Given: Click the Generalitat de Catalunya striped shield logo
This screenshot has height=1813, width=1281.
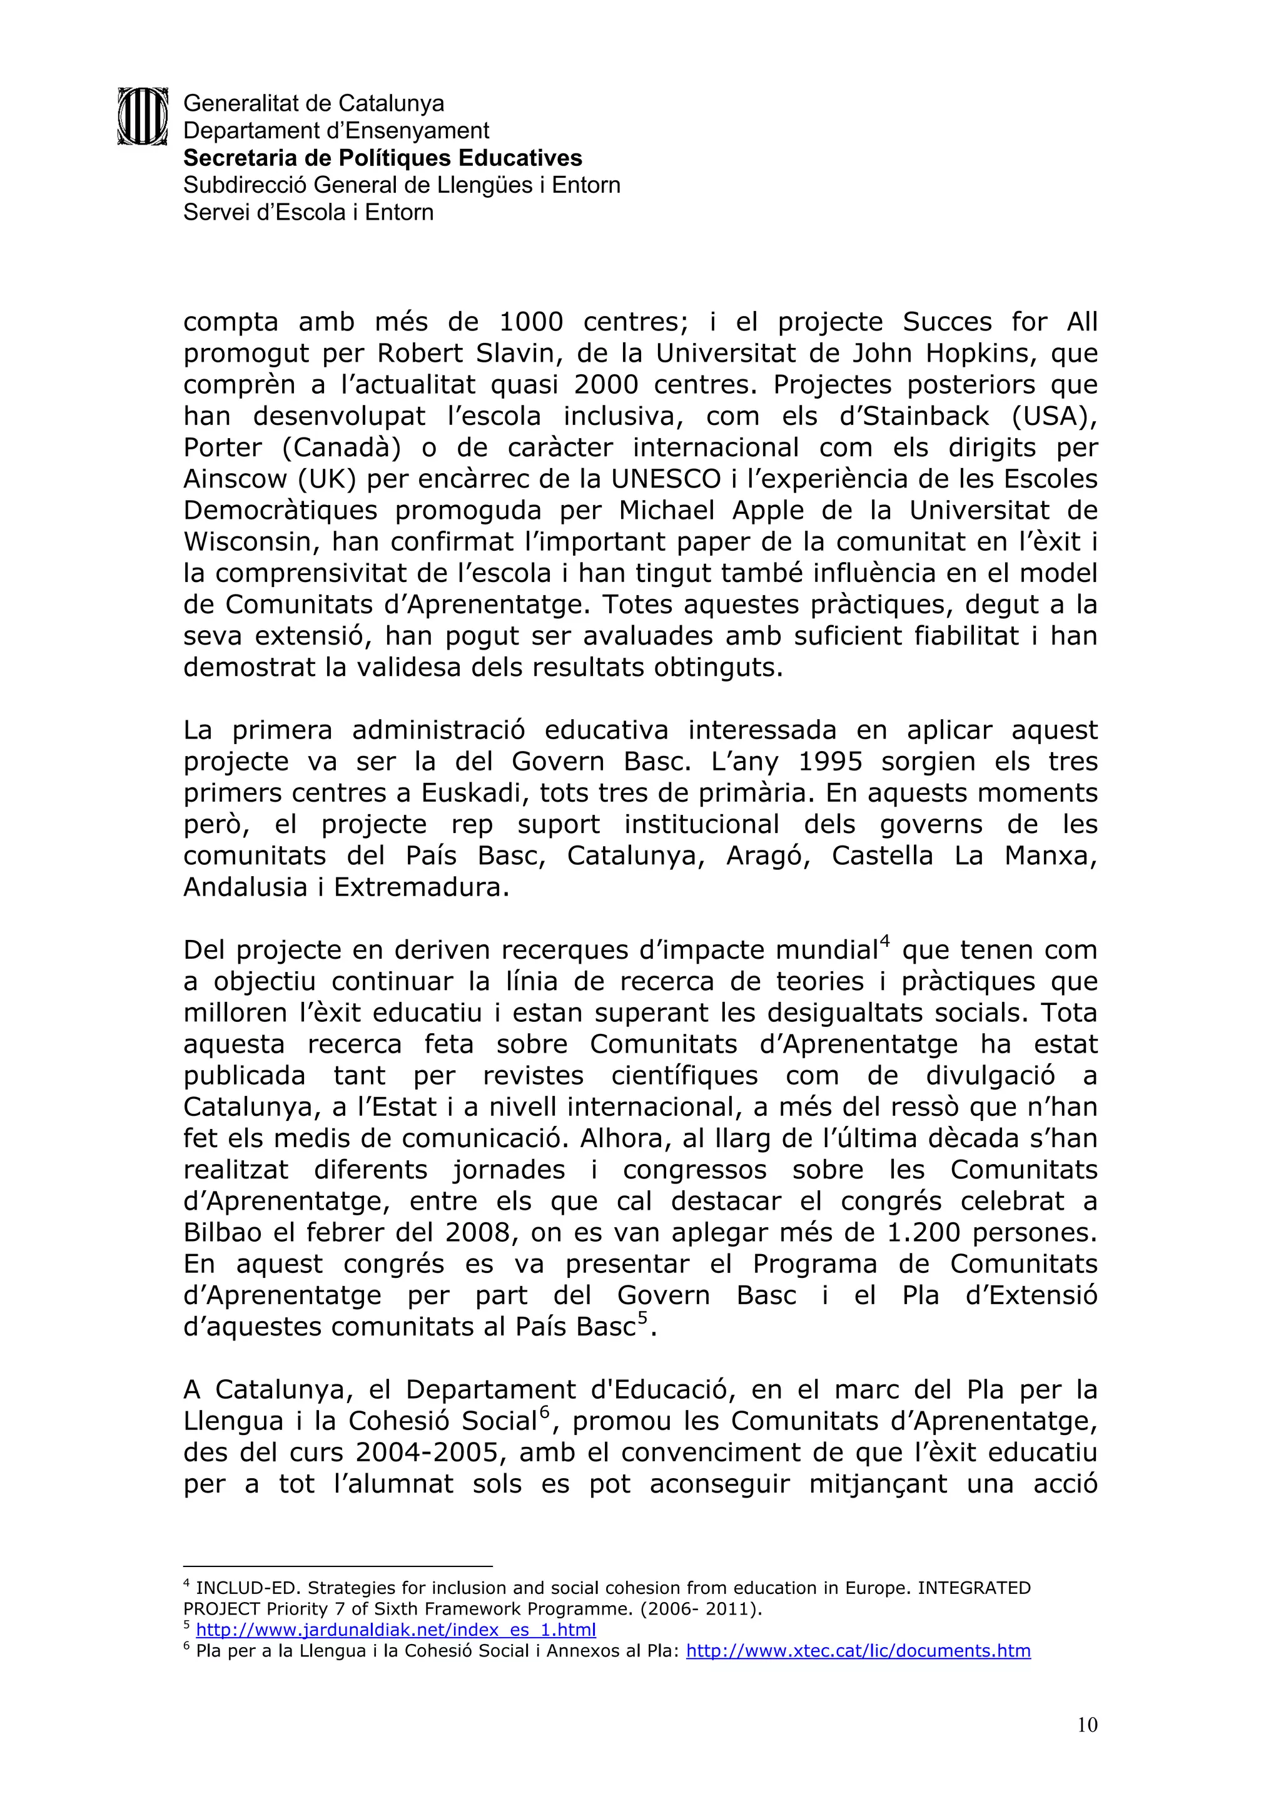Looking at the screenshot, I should click(x=143, y=116).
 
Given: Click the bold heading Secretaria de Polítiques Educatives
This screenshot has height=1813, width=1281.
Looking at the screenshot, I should click(x=382, y=158).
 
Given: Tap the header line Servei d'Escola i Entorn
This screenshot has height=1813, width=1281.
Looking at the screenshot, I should click(x=308, y=212).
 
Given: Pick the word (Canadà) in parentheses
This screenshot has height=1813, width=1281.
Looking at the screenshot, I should click(x=341, y=447).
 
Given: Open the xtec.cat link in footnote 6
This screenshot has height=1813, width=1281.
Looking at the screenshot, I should click(x=858, y=1650).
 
